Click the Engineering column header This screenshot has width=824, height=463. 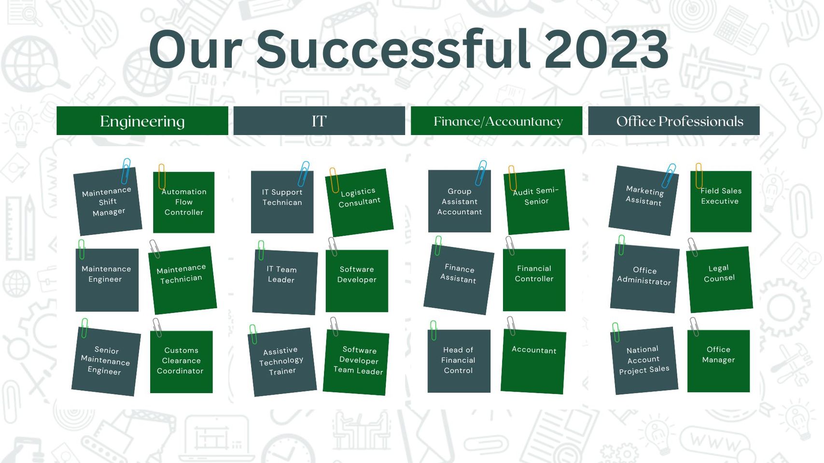click(x=142, y=121)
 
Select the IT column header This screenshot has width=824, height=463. click(x=319, y=121)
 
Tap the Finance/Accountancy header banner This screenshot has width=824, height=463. click(x=497, y=121)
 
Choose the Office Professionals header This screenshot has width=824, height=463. click(x=674, y=121)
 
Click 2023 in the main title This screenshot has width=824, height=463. click(x=606, y=50)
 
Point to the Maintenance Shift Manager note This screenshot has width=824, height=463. click(x=108, y=202)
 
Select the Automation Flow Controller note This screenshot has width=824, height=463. click(x=184, y=202)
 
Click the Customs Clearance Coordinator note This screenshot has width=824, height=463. click(x=182, y=362)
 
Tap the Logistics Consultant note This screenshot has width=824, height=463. click(x=360, y=203)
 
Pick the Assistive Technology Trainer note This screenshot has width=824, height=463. click(x=282, y=362)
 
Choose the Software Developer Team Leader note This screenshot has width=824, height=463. click(x=356, y=362)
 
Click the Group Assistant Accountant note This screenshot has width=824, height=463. click(x=460, y=201)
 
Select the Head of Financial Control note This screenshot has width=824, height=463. click(x=459, y=361)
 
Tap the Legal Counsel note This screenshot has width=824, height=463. click(x=720, y=279)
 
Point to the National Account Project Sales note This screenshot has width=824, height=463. click(x=644, y=360)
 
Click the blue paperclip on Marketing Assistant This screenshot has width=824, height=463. click(x=669, y=176)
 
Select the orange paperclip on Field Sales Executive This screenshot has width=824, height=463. click(x=699, y=176)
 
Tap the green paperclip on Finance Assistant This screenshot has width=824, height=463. click(x=438, y=245)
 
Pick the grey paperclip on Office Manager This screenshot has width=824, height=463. click(x=694, y=327)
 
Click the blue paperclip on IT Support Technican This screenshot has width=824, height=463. click(x=304, y=174)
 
